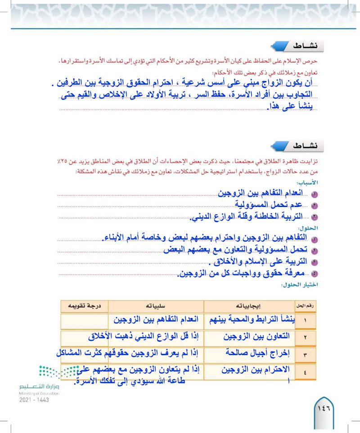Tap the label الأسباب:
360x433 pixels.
coord(306,183)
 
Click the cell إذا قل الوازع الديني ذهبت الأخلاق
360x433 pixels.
coord(144,336)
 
